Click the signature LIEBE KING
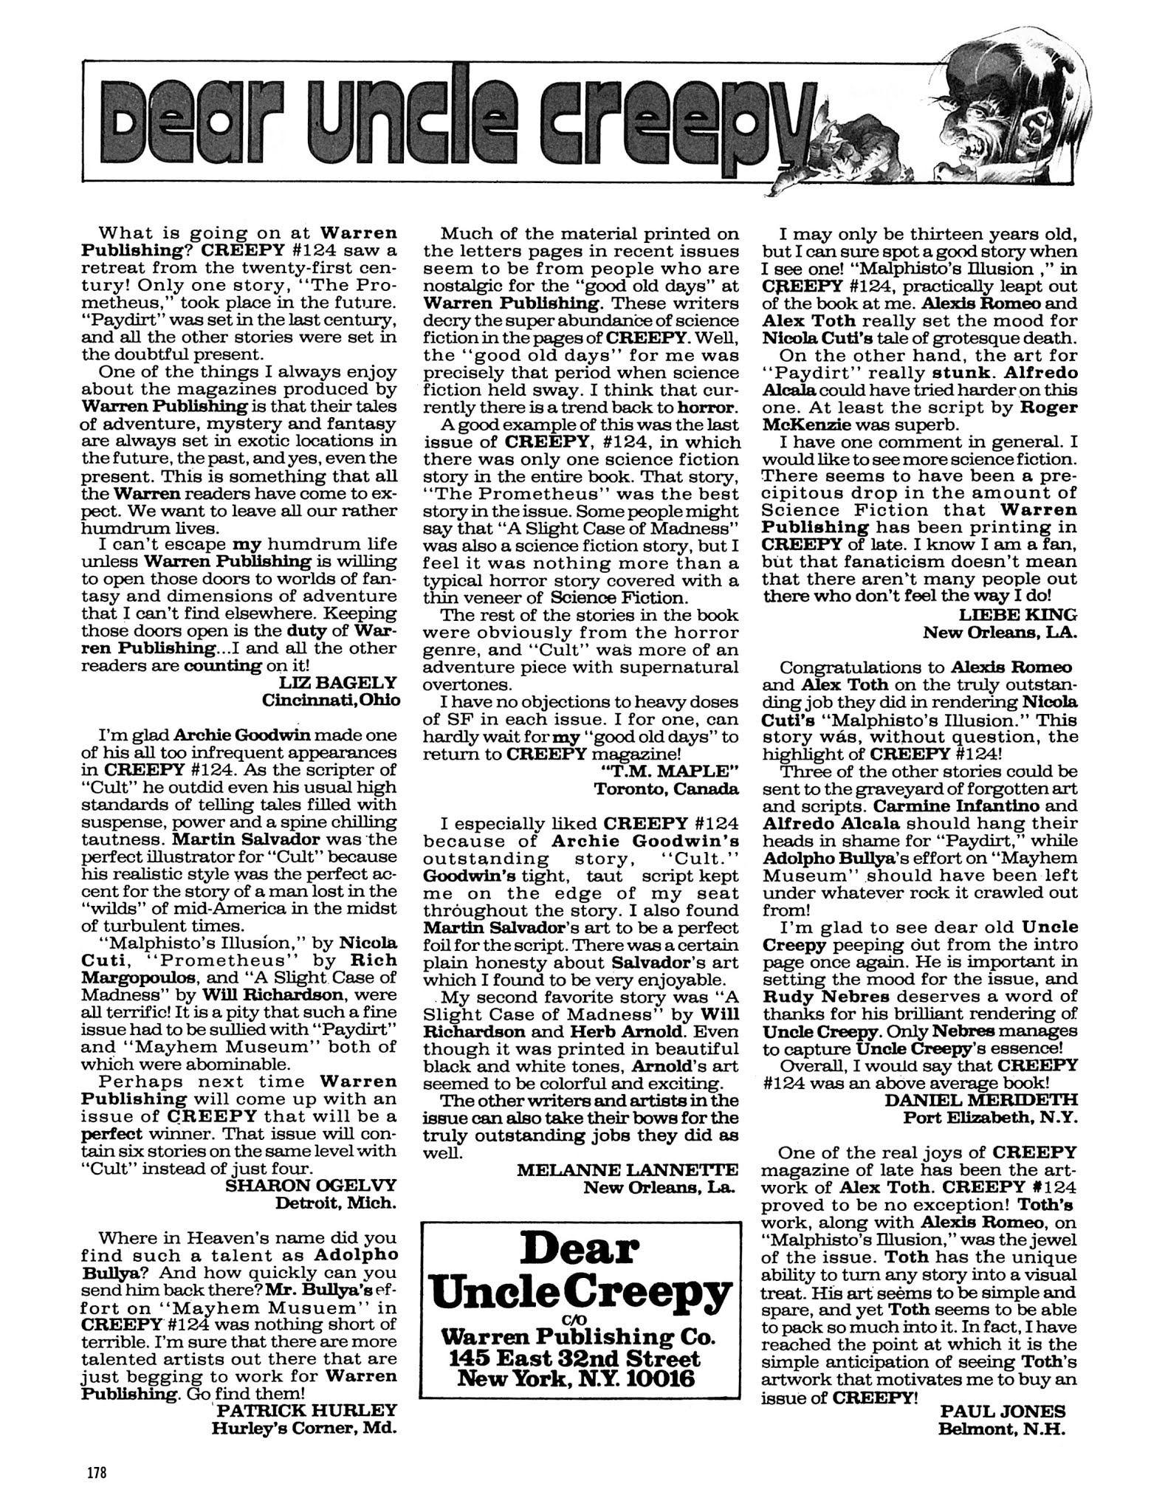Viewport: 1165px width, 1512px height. pyautogui.click(x=1018, y=614)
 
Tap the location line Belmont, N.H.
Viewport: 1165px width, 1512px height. pyautogui.click(x=1002, y=1429)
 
